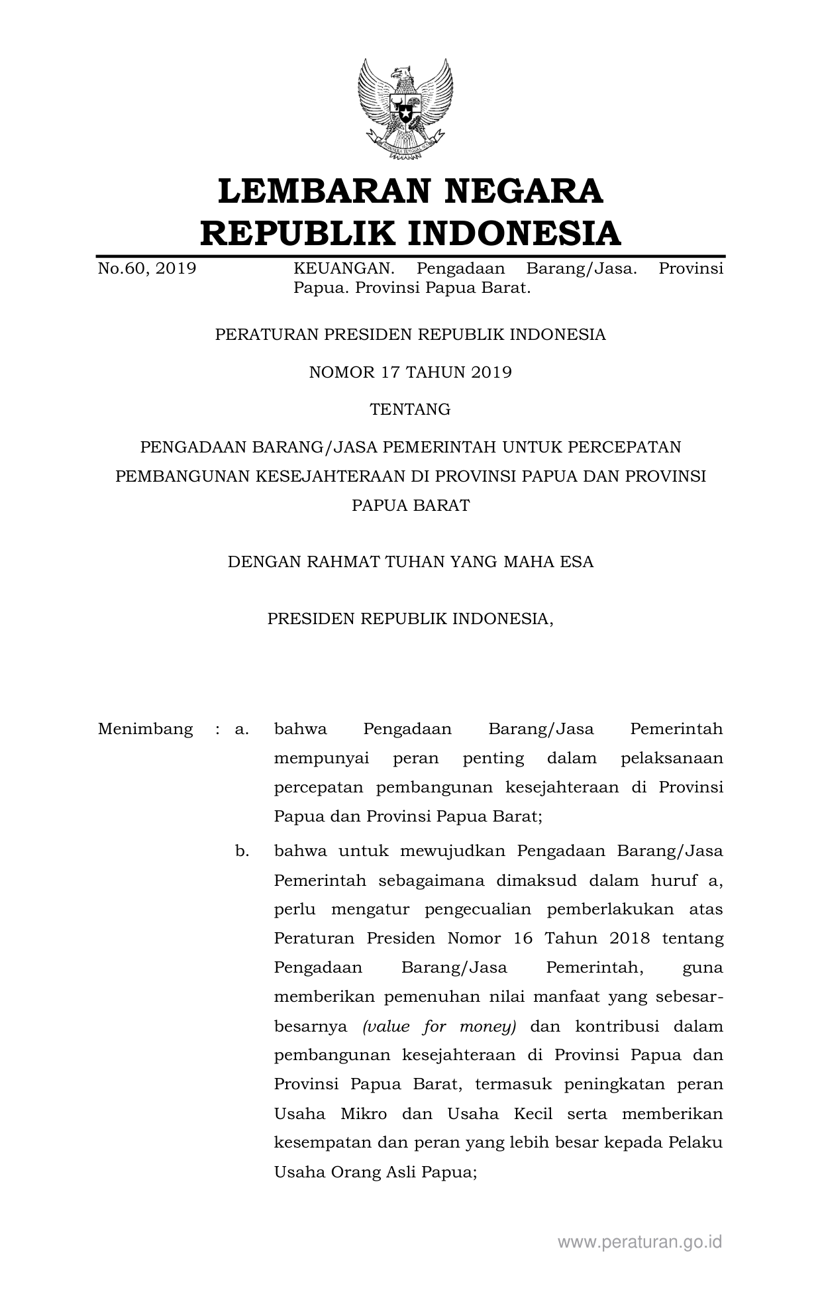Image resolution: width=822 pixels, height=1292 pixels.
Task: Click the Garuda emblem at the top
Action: (405, 109)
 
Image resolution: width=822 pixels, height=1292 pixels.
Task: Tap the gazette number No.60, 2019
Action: (147, 269)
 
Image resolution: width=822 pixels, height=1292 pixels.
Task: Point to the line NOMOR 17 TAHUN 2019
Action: (411, 372)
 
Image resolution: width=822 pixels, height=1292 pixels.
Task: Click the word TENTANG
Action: (411, 409)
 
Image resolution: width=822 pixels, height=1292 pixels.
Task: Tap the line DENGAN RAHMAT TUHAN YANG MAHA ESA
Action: (411, 563)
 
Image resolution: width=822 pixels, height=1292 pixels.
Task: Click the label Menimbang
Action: (145, 729)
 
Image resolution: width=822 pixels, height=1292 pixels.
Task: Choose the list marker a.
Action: (242, 729)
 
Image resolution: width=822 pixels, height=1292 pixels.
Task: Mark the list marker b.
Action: (242, 851)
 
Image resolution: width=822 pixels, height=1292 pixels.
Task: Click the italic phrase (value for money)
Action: (439, 1027)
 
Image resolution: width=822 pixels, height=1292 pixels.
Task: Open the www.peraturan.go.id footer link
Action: (639, 1242)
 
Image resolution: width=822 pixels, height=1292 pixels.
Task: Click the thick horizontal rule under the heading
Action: (411, 256)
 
